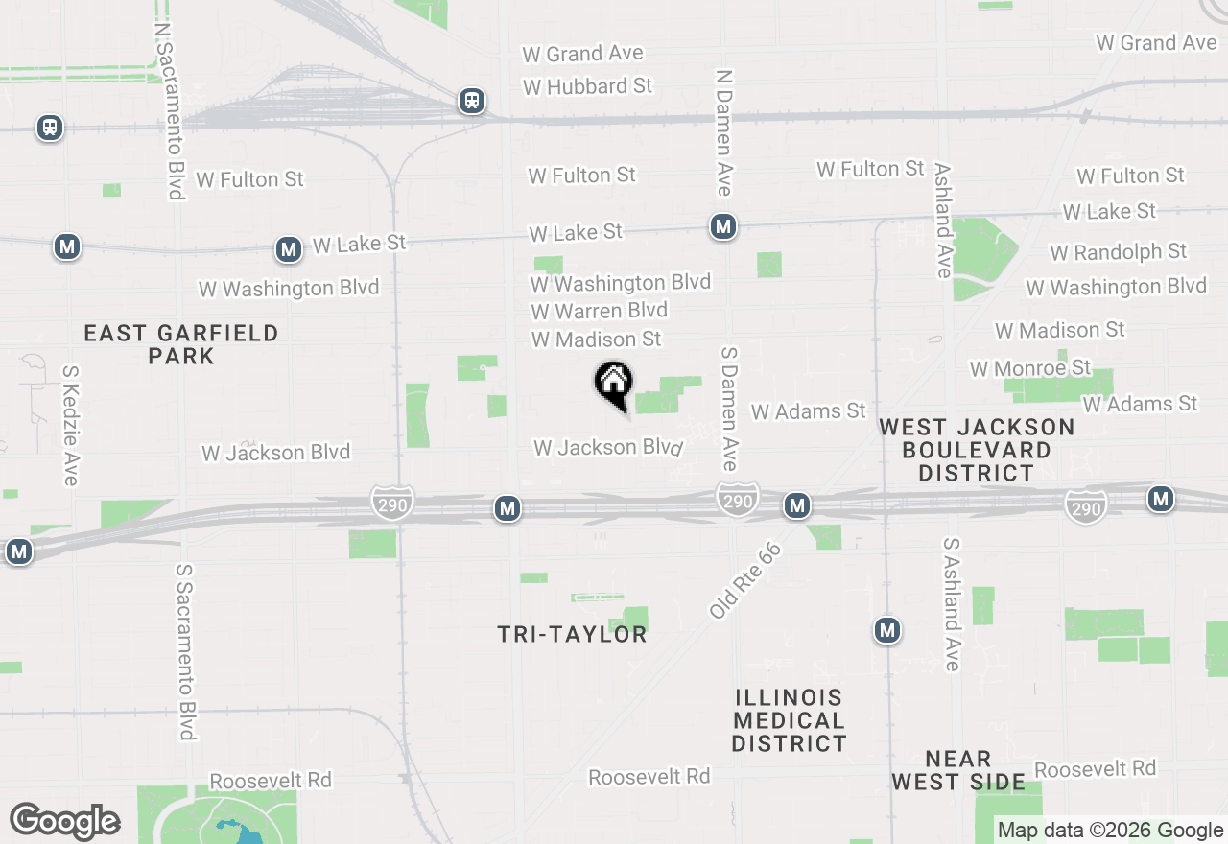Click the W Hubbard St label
[587, 86]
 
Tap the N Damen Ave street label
[724, 132]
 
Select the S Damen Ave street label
[728, 409]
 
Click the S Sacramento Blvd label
[186, 651]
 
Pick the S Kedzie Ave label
[70, 425]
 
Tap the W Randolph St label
[1118, 252]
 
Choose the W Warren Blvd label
[599, 311]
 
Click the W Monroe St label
[1029, 368]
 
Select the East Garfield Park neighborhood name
[181, 344]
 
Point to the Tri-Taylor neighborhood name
[572, 634]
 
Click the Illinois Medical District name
[789, 720]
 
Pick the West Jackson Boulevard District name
[977, 450]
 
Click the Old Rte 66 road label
[745, 580]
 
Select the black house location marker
[613, 384]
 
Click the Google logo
[64, 821]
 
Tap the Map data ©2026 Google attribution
[1110, 831]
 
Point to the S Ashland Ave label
[951, 604]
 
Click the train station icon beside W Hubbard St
[471, 101]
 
